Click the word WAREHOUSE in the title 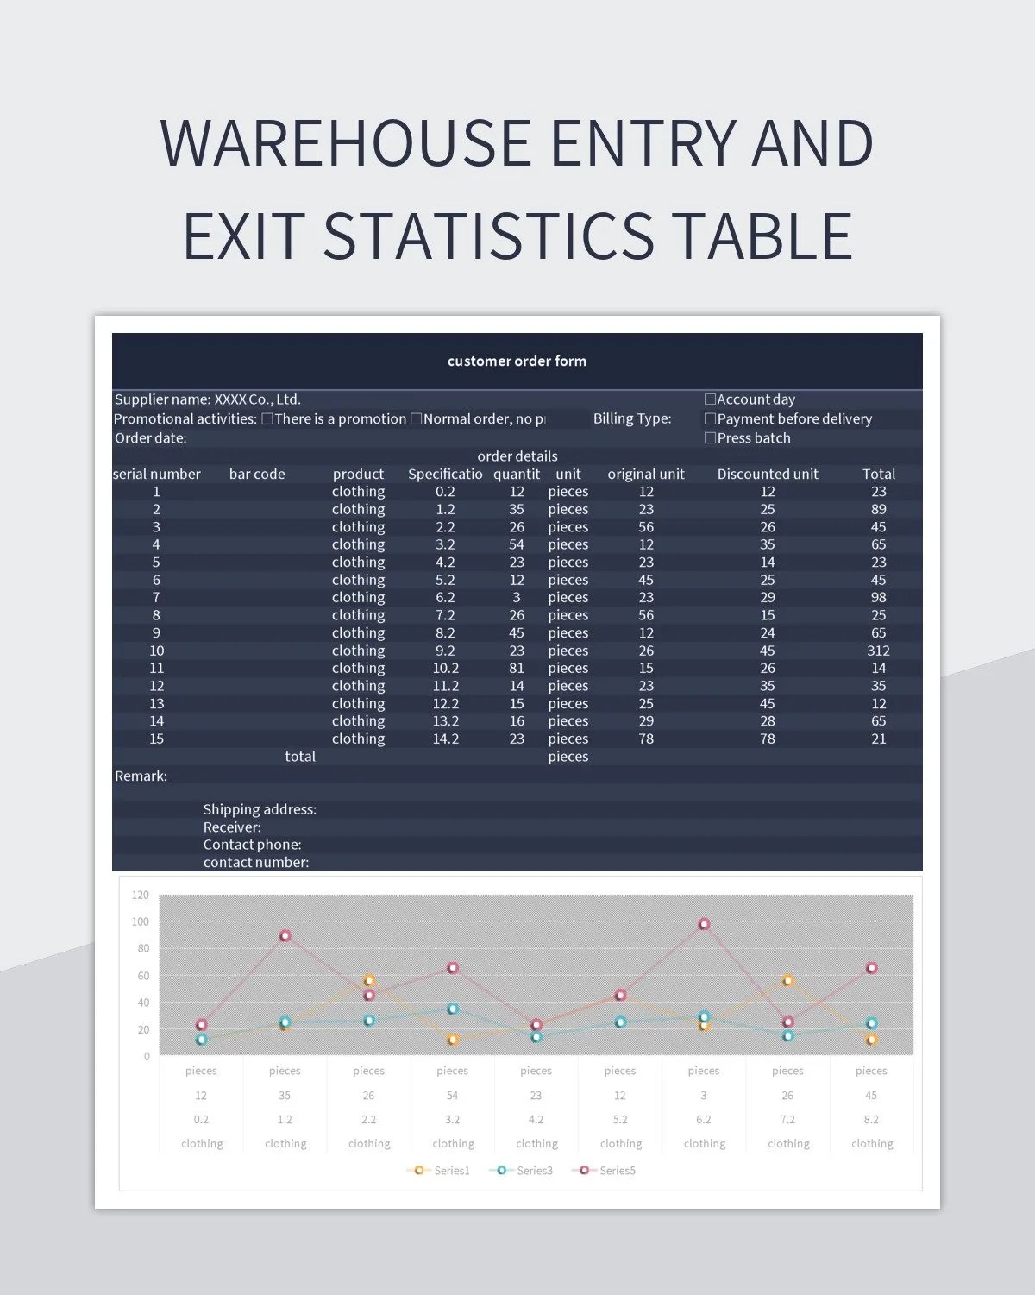click(345, 143)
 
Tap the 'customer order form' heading click(517, 361)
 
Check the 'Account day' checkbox click(710, 399)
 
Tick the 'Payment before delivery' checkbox click(710, 419)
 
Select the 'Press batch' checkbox click(710, 438)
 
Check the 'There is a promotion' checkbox click(267, 419)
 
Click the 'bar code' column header click(257, 475)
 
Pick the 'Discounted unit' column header click(768, 475)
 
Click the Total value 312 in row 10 click(878, 651)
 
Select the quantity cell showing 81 click(516, 669)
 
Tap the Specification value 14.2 click(445, 739)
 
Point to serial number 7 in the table click(156, 598)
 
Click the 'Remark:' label click(141, 776)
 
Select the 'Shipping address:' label click(260, 810)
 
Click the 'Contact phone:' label click(252, 846)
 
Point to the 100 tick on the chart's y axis click(140, 922)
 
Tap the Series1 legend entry click(442, 1171)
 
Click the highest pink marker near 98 click(704, 924)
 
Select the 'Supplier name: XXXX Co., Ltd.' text click(208, 400)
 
